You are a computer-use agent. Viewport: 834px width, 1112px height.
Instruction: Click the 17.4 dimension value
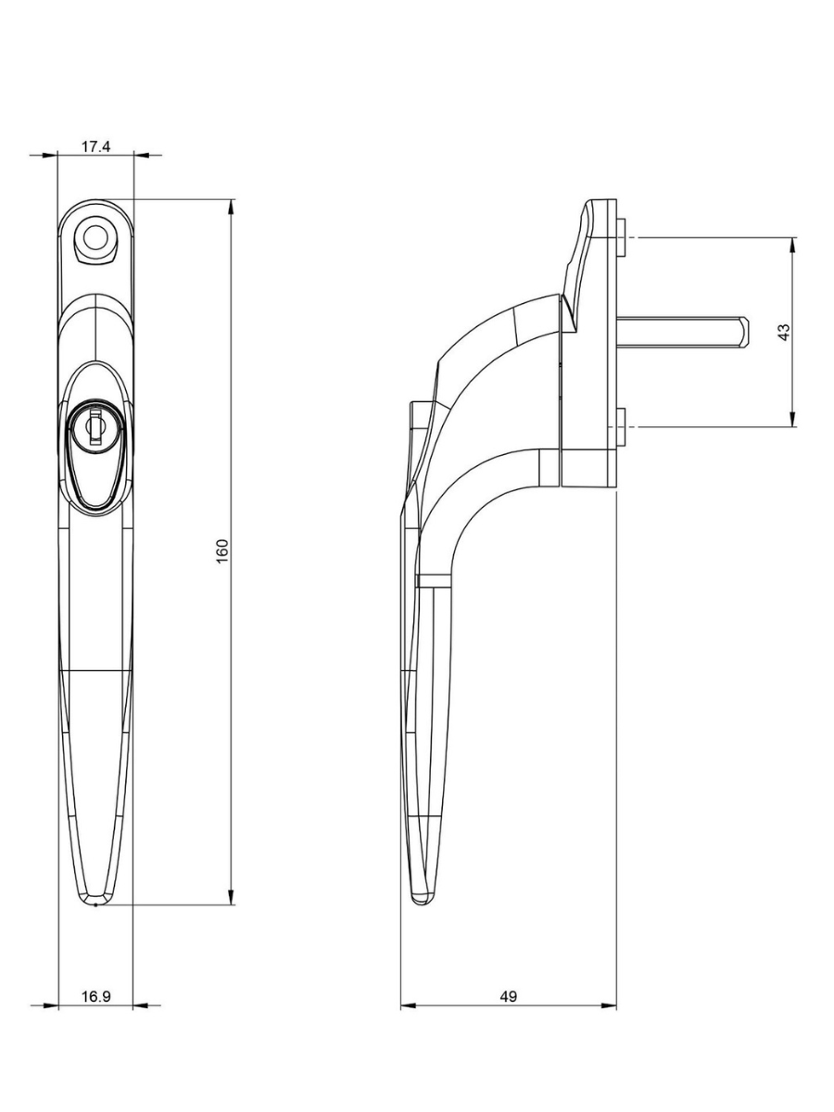point(95,146)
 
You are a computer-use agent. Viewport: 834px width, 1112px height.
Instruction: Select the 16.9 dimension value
point(95,997)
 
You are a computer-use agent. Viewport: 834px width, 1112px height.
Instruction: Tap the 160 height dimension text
point(222,551)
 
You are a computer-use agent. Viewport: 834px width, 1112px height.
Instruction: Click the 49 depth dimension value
point(508,997)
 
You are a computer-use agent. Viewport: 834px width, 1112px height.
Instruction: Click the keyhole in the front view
point(95,430)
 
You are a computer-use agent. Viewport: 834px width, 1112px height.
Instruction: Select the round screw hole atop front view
point(94,237)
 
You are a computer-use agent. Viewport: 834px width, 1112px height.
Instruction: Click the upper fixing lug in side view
point(623,237)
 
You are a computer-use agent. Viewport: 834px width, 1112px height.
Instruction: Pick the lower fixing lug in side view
point(623,425)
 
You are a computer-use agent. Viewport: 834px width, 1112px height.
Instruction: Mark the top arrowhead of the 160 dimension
point(231,206)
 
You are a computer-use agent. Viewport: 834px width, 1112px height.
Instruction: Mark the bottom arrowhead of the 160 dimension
point(231,897)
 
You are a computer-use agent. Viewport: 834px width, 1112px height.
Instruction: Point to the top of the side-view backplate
point(600,202)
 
